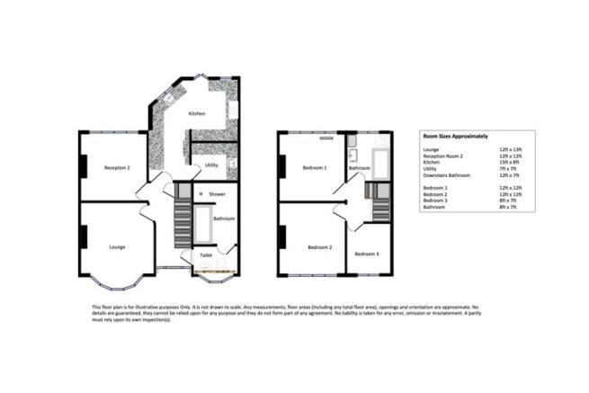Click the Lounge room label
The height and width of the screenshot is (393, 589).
click(117, 246)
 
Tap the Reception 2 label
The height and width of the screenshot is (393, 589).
click(117, 168)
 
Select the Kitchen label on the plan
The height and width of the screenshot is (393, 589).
click(197, 114)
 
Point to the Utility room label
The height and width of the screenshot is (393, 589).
click(211, 165)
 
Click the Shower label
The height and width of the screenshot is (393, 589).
click(218, 194)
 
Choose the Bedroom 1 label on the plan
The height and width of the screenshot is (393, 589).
click(315, 168)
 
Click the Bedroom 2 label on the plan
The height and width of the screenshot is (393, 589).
click(319, 247)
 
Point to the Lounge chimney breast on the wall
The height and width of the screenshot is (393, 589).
click(84, 237)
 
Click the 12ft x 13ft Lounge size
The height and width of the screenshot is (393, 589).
click(511, 147)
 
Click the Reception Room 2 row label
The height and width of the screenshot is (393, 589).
click(445, 154)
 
